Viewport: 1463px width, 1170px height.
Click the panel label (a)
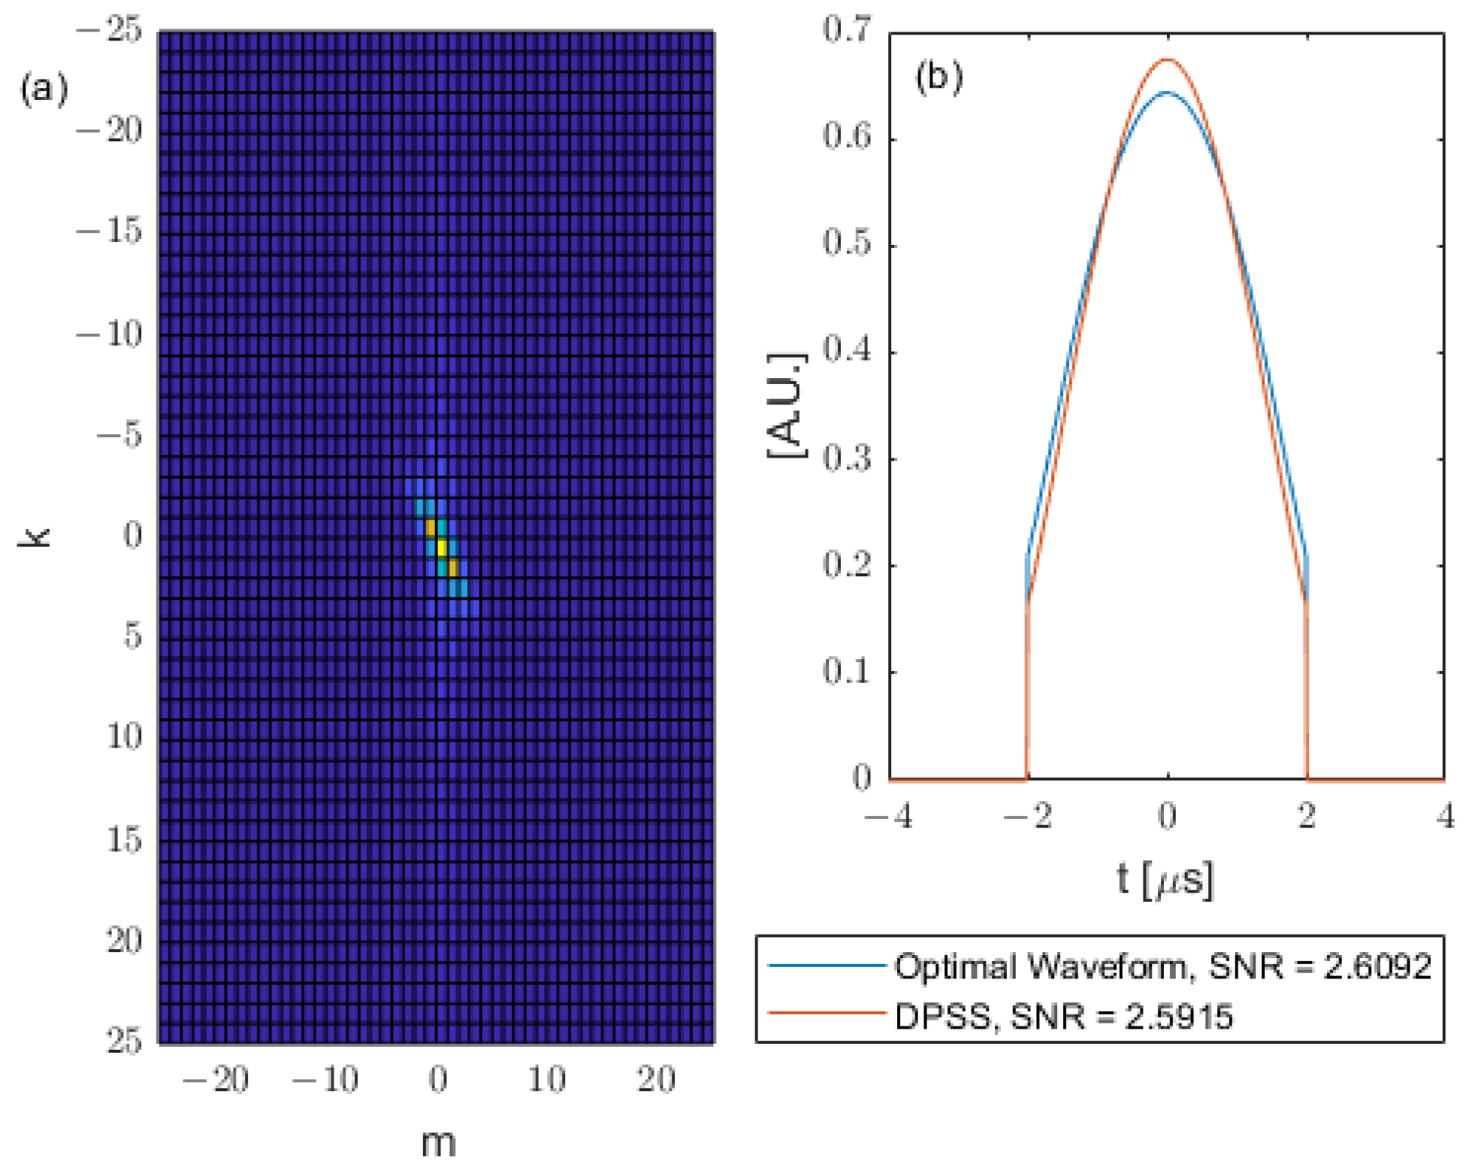tap(44, 89)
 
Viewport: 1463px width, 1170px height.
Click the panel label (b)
tap(939, 77)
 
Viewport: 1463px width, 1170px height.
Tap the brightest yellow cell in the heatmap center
tap(441, 546)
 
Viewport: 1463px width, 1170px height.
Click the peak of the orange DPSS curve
tap(1166, 59)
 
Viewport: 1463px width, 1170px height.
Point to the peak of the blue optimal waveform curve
tap(1166, 92)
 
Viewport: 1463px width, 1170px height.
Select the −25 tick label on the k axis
tap(110, 31)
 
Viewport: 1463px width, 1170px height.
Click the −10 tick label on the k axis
tap(110, 334)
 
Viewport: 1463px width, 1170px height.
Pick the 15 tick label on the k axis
tap(124, 839)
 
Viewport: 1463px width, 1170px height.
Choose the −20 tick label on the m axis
tap(216, 1080)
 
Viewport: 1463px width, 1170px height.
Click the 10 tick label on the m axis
tap(546, 1080)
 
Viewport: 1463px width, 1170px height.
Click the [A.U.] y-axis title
tap(786, 405)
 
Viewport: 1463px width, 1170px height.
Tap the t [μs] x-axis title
tap(1165, 880)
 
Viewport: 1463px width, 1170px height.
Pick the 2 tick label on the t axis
tap(1307, 816)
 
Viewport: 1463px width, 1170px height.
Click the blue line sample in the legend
tap(826, 965)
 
